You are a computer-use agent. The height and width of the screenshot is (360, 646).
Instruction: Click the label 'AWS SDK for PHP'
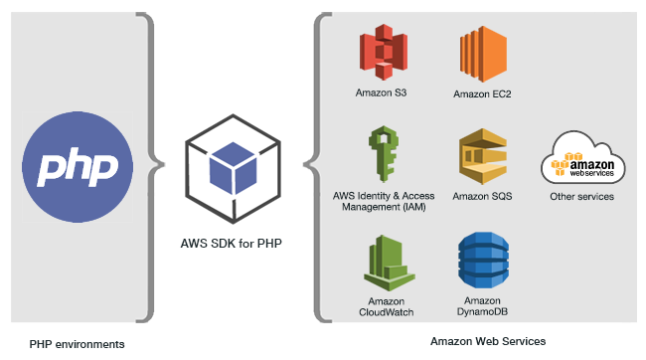[x=230, y=244]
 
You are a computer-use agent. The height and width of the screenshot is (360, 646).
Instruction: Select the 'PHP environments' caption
[x=78, y=344]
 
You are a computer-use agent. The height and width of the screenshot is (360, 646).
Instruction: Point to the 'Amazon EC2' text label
[x=482, y=94]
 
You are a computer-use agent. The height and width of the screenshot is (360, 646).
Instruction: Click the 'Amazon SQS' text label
[x=482, y=197]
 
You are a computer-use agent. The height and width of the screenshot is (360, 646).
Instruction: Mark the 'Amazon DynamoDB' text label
[x=482, y=305]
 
